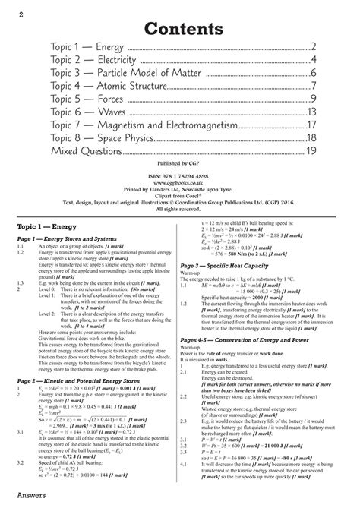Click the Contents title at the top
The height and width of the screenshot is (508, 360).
tap(179, 29)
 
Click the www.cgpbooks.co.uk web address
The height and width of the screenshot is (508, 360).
tap(180, 182)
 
